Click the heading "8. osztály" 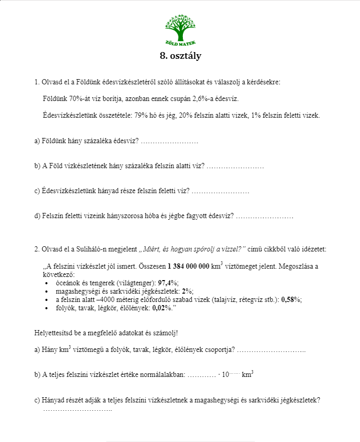click(180, 56)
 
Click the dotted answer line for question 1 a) click(169, 141)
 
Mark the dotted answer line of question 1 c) click(220, 191)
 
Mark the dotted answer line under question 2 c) click(78, 409)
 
